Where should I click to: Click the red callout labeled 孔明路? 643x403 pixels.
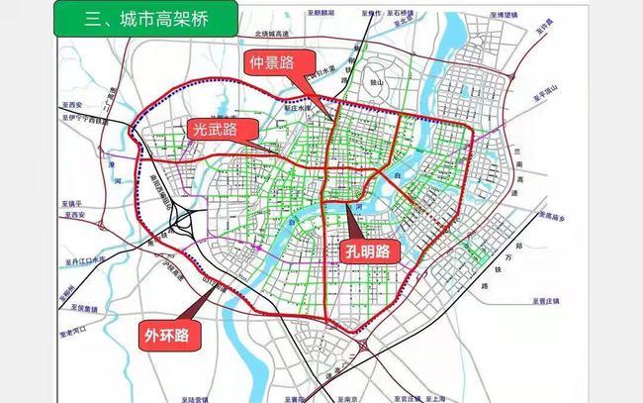[368, 251]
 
